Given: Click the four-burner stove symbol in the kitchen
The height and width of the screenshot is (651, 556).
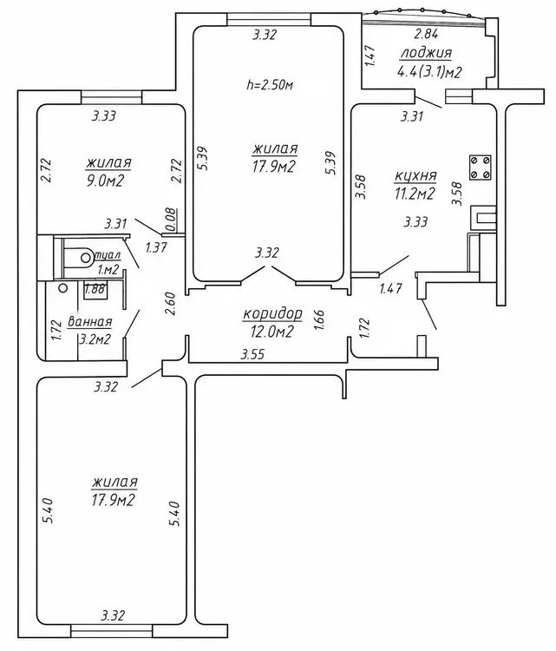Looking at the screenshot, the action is (480, 168).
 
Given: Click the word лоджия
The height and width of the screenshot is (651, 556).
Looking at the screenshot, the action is (426, 54).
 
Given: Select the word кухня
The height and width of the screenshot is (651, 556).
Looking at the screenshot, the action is (415, 176).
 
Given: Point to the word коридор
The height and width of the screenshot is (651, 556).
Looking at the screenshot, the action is (272, 314).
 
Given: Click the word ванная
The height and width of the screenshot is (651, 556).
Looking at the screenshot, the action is (89, 322).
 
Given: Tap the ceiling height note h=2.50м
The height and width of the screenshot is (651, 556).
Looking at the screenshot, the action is (270, 85).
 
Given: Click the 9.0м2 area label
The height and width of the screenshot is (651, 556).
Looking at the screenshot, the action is (106, 181).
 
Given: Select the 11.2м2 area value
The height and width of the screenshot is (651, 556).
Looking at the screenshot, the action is (415, 194).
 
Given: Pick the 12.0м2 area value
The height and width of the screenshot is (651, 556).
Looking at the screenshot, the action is (271, 332).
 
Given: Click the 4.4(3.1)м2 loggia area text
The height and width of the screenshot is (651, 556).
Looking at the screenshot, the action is (429, 73).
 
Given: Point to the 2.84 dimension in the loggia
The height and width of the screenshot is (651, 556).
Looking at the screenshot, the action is (427, 34).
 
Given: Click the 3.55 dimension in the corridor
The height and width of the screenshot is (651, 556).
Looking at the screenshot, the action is (252, 354).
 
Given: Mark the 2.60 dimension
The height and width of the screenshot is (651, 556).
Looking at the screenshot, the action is (171, 305).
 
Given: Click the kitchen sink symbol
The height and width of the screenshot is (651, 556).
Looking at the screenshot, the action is (483, 219).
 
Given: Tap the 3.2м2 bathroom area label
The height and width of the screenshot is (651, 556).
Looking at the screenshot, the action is (95, 339).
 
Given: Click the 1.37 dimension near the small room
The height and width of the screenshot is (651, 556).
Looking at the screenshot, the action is (156, 248).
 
